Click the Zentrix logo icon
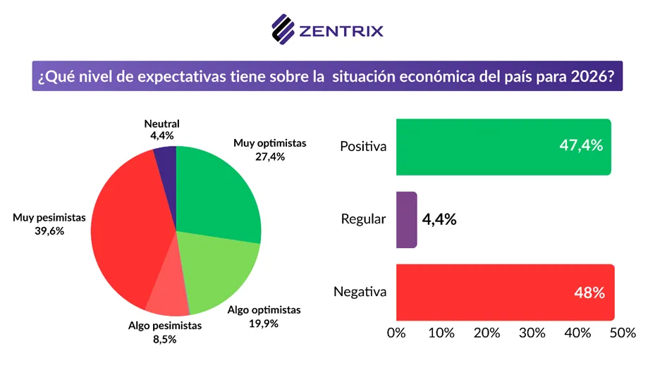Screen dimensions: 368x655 [x=283, y=30]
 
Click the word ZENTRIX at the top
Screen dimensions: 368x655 [x=341, y=30]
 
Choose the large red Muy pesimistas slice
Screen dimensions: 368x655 [x=127, y=226]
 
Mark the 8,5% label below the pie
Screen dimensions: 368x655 [x=164, y=338]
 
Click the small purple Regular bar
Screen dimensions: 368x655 [x=406, y=219]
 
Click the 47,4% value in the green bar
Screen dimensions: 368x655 [x=582, y=146]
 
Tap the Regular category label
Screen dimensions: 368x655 [x=363, y=219]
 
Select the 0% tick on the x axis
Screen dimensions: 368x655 [x=396, y=332]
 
